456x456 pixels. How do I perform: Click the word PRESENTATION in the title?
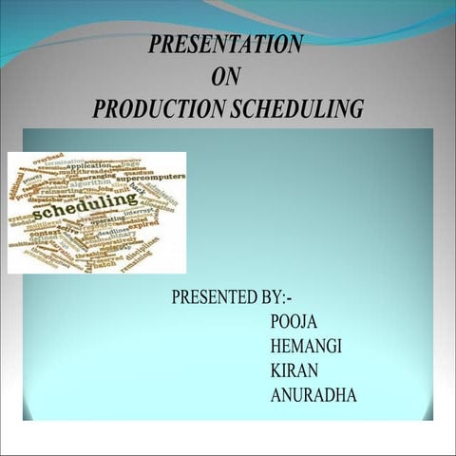[x=226, y=44]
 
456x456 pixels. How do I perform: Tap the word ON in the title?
[x=226, y=77]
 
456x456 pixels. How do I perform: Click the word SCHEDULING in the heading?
[x=295, y=109]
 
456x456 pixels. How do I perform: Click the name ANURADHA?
[x=313, y=395]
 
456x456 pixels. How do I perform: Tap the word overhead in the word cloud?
[x=48, y=158]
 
